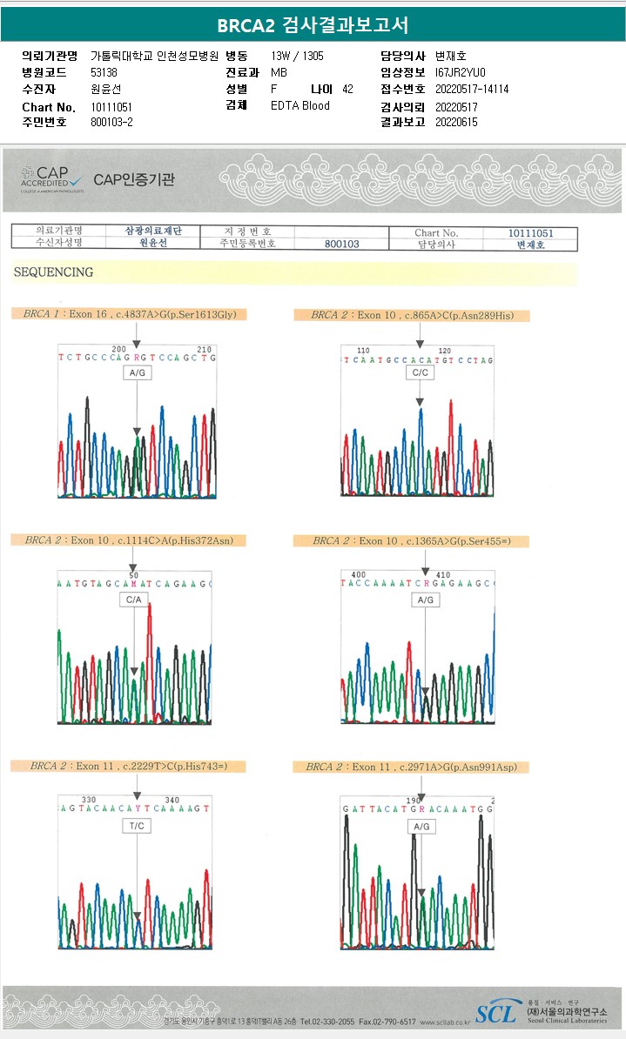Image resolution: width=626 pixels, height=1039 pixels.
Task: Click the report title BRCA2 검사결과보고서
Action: pos(313,24)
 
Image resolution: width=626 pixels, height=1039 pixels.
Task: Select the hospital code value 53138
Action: pos(104,72)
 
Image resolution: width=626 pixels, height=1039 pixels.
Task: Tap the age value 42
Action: pos(347,89)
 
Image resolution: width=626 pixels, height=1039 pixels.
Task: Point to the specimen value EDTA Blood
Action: pos(300,105)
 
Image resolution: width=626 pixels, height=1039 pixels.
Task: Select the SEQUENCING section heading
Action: pos(53,272)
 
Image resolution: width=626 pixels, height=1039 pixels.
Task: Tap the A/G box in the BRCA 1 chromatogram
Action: pos(137,372)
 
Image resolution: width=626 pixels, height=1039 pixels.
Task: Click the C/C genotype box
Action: pos(419,372)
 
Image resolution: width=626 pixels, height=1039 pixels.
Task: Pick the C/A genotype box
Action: pos(133,600)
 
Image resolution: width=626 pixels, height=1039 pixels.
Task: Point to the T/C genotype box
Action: pos(137,826)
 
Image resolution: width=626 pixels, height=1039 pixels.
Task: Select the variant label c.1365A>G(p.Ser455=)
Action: pos(458,540)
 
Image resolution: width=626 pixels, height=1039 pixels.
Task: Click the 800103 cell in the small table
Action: pos(341,245)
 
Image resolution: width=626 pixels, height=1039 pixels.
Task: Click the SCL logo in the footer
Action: pos(495,1013)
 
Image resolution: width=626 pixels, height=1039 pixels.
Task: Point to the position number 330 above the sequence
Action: pos(89,800)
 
